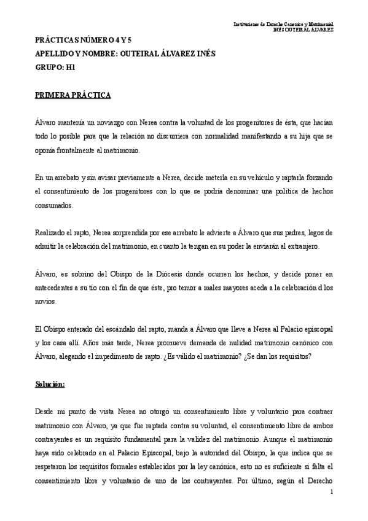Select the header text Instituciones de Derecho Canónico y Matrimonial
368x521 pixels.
[284, 23]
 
